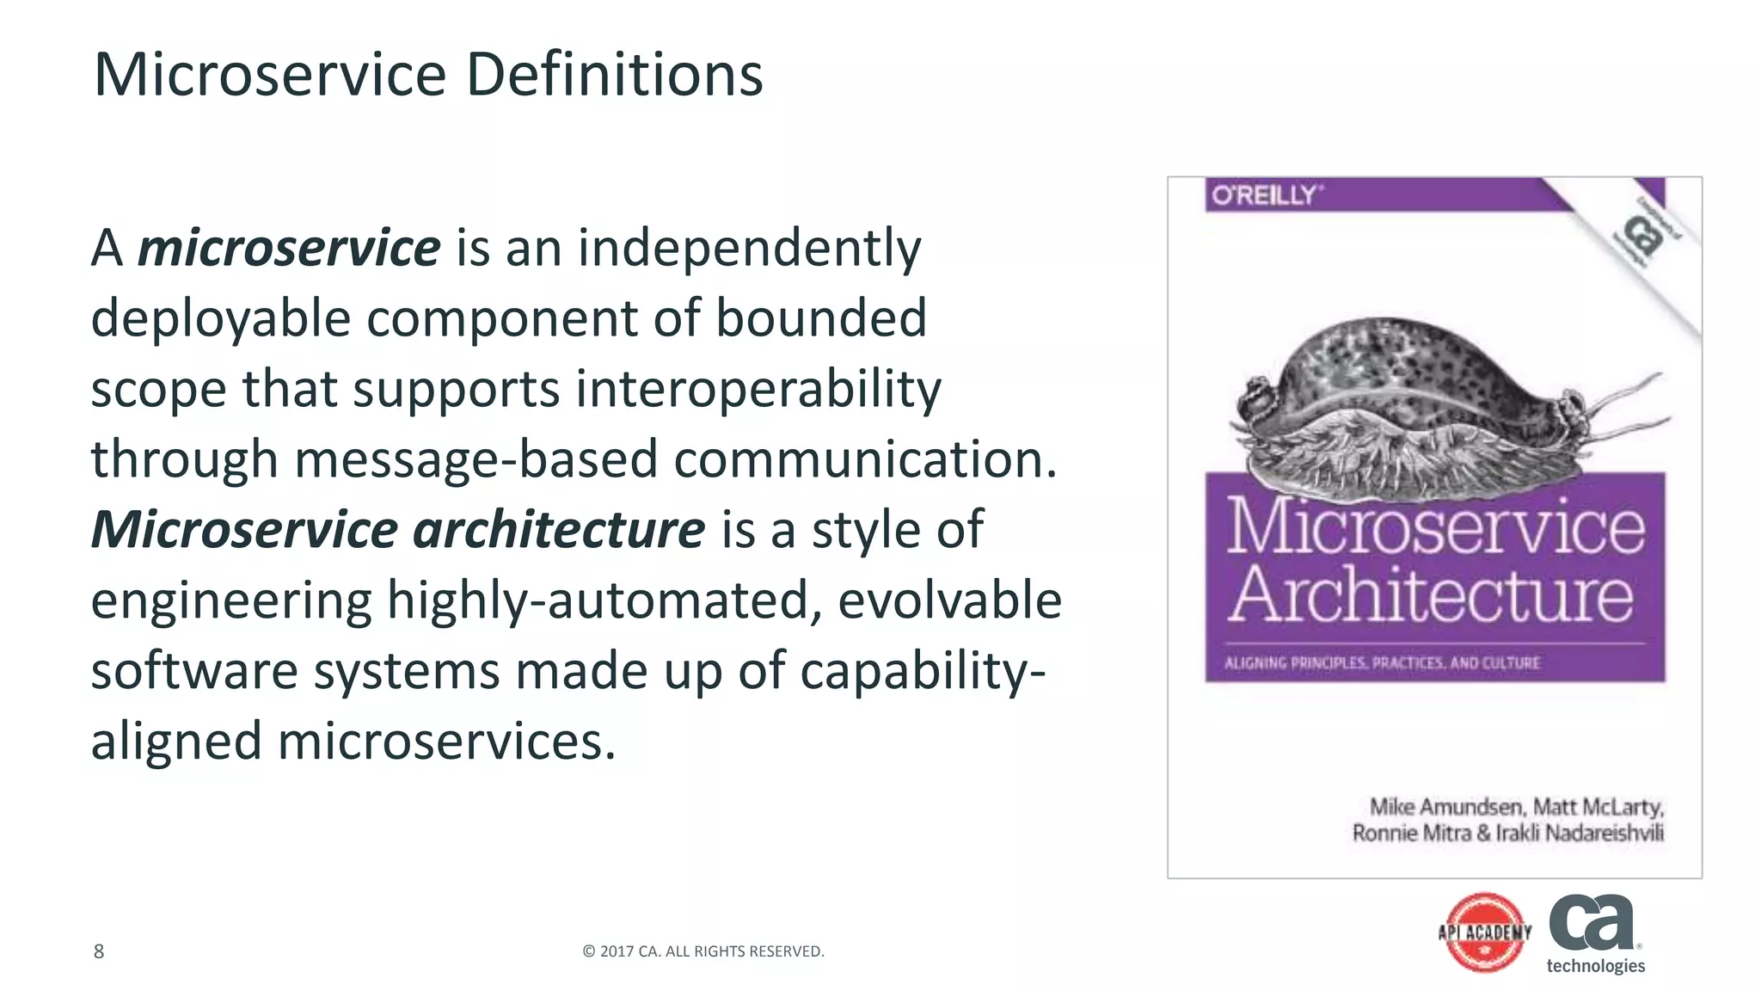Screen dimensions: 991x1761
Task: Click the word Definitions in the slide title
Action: coord(614,75)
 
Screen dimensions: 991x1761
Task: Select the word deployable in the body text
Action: coord(221,318)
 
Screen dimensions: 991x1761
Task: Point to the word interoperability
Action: coord(758,389)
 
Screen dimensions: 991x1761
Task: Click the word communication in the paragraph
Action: coord(865,459)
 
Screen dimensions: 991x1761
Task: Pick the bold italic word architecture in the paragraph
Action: coord(559,530)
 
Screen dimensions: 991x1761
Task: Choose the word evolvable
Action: coord(949,600)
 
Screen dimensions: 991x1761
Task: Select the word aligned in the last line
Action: coord(176,741)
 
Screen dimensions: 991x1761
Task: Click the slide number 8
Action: coord(99,951)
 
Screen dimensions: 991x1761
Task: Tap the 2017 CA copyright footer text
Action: coord(703,951)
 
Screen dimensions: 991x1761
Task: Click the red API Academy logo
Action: coord(1485,933)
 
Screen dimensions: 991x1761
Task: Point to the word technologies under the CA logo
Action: coord(1595,966)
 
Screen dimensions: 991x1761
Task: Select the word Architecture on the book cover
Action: coord(1431,594)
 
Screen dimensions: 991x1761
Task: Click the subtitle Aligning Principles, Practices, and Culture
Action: coord(1382,663)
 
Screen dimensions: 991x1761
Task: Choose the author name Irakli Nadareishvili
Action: coord(1580,833)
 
